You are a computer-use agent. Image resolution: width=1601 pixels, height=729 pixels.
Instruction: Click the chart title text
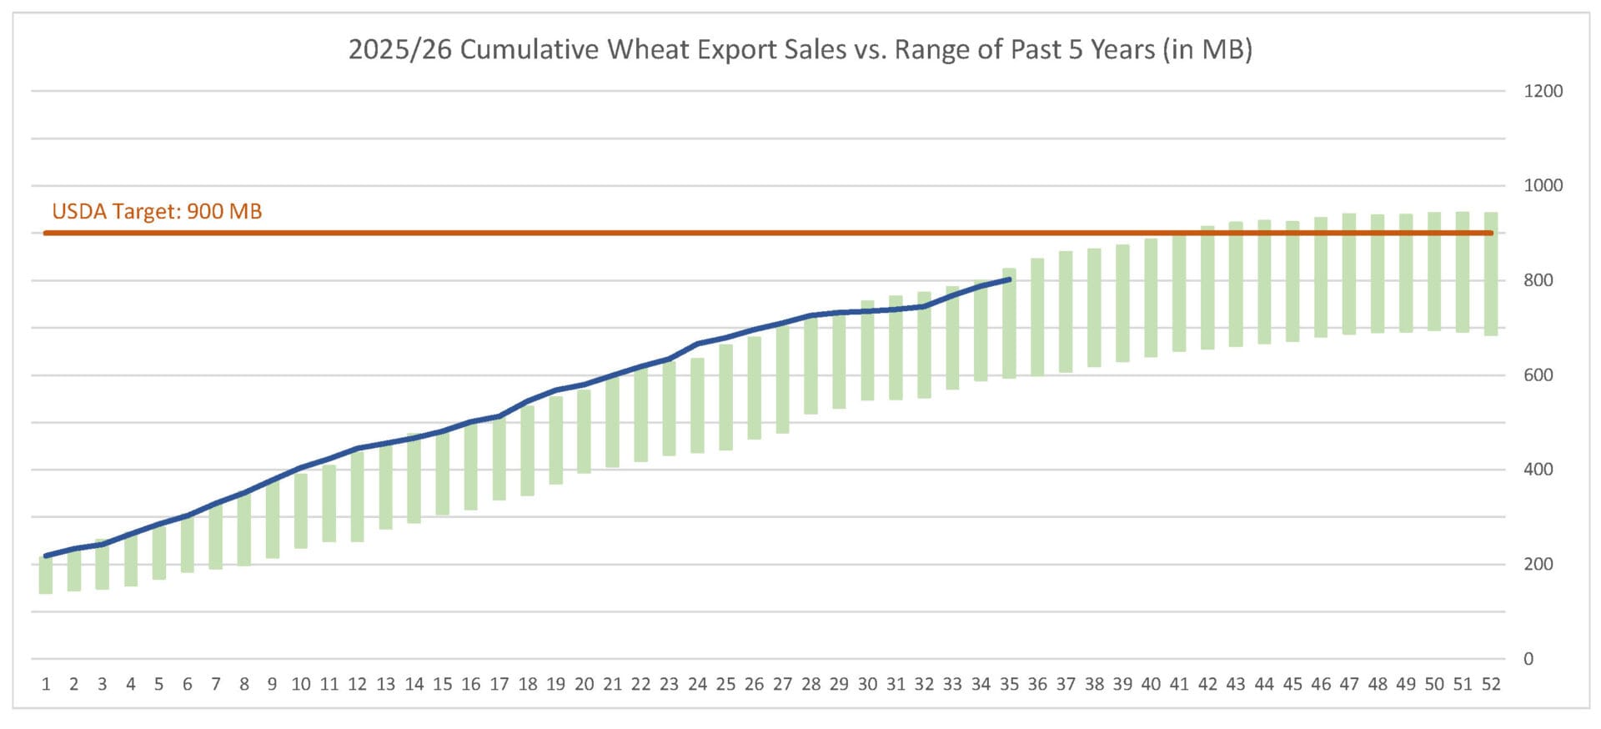(x=800, y=50)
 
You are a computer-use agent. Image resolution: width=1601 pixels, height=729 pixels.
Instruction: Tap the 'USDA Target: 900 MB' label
(x=157, y=211)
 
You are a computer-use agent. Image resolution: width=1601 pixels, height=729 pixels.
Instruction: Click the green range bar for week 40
(x=1151, y=298)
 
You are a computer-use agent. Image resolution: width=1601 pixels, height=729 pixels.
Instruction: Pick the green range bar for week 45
(x=1292, y=281)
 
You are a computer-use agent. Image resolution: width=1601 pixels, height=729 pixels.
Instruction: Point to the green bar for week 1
(x=46, y=575)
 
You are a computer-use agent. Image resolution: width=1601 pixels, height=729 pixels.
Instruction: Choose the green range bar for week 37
(x=1066, y=311)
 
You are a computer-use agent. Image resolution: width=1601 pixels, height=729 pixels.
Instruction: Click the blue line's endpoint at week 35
(x=1009, y=279)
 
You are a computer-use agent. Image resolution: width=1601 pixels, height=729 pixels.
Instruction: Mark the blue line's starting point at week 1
(x=46, y=556)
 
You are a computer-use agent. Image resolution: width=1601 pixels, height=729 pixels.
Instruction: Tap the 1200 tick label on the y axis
(x=1543, y=92)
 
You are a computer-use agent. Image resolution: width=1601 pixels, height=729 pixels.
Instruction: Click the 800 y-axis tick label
(x=1538, y=281)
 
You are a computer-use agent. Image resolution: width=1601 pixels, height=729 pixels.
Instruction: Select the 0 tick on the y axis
(x=1528, y=659)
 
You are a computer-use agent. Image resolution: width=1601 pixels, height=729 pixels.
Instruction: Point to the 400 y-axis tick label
(x=1538, y=470)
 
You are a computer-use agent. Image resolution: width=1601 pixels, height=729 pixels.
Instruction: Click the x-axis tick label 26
(x=754, y=685)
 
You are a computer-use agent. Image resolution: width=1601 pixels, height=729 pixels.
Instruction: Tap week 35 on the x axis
(x=1009, y=685)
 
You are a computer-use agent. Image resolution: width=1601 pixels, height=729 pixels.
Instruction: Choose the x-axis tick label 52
(x=1491, y=685)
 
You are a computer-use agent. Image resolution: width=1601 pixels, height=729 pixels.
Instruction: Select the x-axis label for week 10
(x=301, y=685)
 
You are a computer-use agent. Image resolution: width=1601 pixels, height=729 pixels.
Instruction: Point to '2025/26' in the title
(x=400, y=50)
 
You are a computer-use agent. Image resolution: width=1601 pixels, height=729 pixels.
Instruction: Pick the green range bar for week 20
(x=584, y=431)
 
